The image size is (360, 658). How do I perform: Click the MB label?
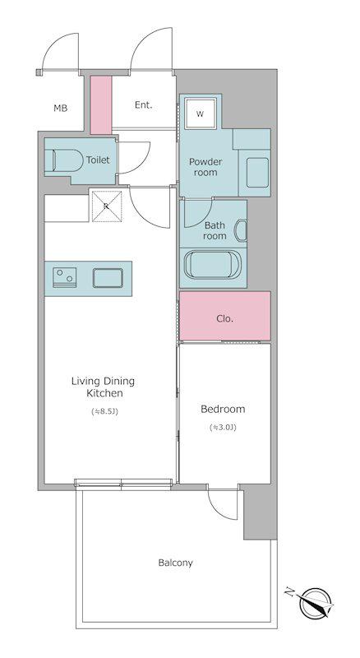61,109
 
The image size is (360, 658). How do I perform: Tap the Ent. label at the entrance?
144,105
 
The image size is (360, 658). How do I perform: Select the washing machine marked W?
201,114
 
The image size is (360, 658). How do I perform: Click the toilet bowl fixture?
64,160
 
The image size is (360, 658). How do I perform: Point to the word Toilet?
98,160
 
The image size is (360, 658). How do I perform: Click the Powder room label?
205,167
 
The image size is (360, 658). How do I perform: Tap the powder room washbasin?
257,173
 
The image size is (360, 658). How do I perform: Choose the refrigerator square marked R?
107,206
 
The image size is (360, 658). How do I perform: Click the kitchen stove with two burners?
65,278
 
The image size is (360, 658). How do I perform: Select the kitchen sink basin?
108,278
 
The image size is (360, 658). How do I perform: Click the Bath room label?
215,230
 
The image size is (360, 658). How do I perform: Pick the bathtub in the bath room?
207,264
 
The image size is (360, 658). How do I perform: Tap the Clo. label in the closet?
225,318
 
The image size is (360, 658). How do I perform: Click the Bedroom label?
223,409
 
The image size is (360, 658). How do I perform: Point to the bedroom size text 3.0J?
223,428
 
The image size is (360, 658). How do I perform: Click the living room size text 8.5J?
105,412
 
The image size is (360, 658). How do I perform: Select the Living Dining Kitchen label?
104,387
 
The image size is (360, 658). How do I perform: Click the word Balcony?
175,563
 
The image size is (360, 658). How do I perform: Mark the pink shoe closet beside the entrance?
101,105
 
